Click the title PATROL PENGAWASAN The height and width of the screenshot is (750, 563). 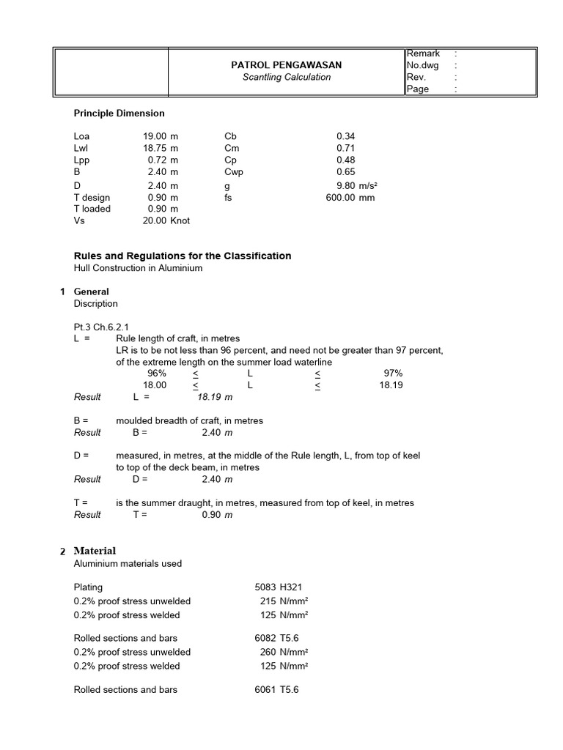tap(287, 65)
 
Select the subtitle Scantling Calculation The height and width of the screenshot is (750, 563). tap(287, 77)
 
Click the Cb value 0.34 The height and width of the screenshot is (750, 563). tap(345, 136)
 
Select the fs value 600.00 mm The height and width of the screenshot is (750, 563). tap(350, 197)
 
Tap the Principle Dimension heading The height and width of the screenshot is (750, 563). tap(119, 114)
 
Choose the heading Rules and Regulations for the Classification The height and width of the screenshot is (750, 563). tap(183, 256)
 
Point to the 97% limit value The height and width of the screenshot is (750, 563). tap(393, 373)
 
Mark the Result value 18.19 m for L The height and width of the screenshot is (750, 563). tap(215, 397)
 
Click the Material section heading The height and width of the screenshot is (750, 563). tap(95, 551)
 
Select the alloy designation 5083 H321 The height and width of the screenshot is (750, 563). tap(279, 587)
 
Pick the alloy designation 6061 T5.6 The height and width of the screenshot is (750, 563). tap(276, 690)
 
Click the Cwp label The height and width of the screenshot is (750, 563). tap(234, 172)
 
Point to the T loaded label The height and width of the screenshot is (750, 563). tap(92, 209)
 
